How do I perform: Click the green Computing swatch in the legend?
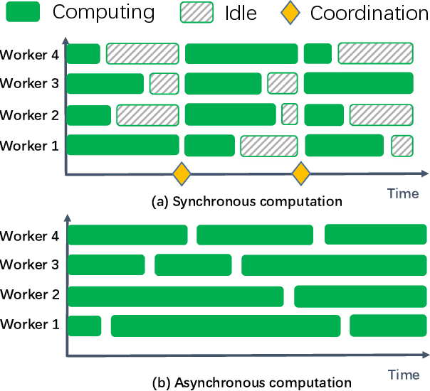point(24,12)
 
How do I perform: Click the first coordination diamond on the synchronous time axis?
point(183,173)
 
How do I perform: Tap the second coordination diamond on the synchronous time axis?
point(301,173)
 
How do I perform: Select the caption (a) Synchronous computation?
point(247,201)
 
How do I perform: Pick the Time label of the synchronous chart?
point(403,193)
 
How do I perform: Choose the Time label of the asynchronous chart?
point(403,374)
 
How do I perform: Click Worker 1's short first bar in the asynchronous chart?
point(84,326)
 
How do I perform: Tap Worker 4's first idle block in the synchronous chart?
point(142,53)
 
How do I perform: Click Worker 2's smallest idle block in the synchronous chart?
point(290,114)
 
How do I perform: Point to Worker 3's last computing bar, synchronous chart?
point(358,83)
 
